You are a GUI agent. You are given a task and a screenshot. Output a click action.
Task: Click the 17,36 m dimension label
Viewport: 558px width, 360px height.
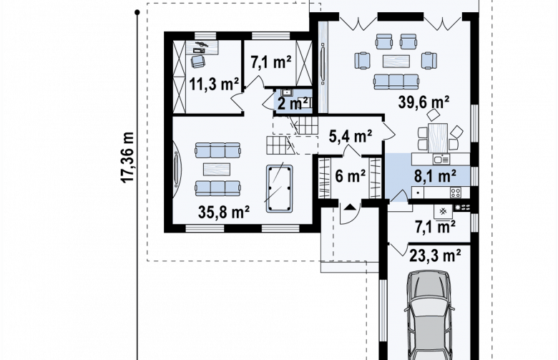128,157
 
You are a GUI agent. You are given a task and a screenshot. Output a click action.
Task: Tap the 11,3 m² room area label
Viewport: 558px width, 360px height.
213,84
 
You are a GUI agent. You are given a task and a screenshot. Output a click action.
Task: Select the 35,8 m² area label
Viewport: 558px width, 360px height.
223,213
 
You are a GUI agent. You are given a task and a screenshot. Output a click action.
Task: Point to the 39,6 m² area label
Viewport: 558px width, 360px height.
424,102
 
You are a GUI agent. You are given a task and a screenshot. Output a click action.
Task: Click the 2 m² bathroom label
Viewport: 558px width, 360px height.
293,104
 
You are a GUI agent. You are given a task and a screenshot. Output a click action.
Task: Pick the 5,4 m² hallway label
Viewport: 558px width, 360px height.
351,136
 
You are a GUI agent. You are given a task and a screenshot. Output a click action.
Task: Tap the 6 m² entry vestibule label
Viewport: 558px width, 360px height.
350,176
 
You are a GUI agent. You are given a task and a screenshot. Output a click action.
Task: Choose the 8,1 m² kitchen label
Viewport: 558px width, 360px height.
435,176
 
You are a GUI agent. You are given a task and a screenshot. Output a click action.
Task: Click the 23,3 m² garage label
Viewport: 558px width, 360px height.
435,255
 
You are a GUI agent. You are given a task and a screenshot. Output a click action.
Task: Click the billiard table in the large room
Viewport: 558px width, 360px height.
279,188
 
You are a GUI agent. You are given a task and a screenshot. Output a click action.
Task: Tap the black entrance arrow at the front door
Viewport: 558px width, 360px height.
350,207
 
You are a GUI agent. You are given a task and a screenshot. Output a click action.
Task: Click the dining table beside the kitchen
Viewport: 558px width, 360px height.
438,137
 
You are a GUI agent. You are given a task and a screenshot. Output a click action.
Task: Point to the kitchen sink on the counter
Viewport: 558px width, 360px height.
441,159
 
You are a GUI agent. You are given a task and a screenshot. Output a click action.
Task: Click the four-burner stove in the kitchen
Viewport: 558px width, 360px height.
456,193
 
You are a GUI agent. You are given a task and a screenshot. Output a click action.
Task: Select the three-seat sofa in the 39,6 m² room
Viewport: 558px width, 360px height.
396,82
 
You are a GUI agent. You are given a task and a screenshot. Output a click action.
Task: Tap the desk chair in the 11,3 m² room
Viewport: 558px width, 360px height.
198,61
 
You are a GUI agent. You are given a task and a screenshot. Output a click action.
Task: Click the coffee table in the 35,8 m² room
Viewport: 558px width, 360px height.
217,169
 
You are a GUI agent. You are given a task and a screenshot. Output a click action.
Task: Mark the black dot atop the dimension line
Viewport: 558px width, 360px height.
137,12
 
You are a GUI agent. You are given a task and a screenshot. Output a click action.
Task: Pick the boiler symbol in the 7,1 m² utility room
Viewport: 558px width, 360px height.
443,212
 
